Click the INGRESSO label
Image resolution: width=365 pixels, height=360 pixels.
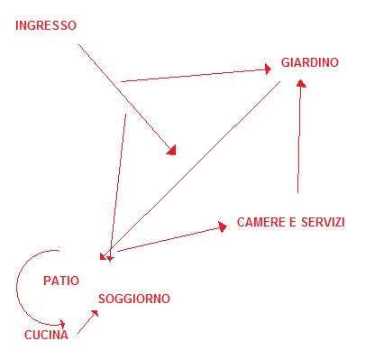(46, 26)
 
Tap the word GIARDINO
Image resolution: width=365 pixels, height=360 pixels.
(309, 63)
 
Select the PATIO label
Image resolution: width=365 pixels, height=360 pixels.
(61, 281)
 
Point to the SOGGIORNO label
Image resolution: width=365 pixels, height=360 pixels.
(133, 299)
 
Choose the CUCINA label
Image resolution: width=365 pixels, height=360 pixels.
(46, 336)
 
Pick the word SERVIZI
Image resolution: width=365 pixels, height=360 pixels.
(322, 222)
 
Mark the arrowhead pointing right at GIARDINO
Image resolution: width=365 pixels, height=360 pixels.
(267, 68)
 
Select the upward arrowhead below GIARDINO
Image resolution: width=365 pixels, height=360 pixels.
(301, 82)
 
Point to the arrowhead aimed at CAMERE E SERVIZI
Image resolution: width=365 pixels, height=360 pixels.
(220, 227)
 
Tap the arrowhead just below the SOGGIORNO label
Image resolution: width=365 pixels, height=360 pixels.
(96, 312)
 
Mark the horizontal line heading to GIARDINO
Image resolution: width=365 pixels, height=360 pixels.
(194, 74)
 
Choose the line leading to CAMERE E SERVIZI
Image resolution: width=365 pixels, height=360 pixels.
(167, 239)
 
